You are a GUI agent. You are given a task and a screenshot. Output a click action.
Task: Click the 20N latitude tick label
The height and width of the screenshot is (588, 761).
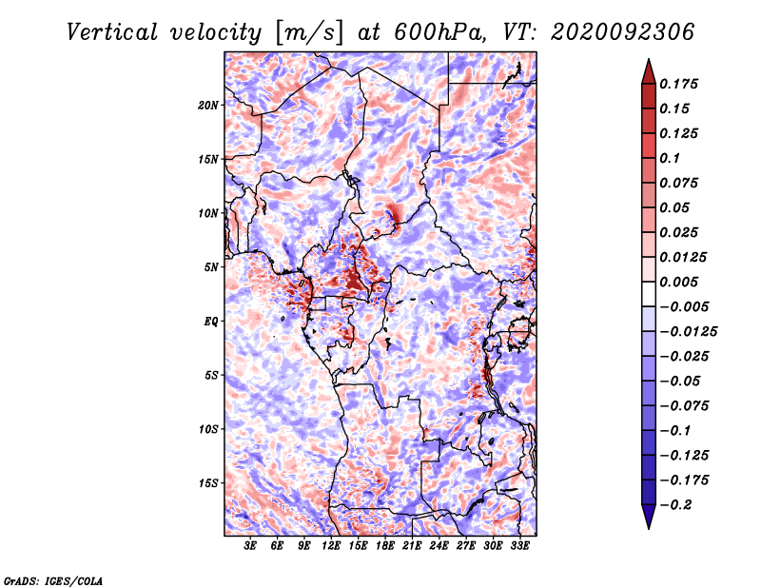tap(208, 105)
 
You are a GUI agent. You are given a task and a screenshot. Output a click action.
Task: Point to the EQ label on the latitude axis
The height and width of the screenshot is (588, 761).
tap(210, 322)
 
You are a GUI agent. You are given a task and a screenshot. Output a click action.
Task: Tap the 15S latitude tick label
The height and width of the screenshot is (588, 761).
tap(208, 483)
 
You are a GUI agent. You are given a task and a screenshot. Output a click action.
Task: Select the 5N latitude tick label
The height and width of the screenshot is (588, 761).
tap(210, 267)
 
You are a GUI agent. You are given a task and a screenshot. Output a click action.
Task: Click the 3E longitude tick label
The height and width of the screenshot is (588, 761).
tap(251, 546)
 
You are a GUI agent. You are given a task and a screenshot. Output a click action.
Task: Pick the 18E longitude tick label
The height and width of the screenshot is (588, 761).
tap(386, 546)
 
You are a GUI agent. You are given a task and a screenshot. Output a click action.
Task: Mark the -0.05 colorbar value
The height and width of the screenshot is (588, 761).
tap(681, 382)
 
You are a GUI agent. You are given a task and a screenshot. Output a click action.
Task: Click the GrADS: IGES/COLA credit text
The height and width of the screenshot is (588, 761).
tap(52, 578)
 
